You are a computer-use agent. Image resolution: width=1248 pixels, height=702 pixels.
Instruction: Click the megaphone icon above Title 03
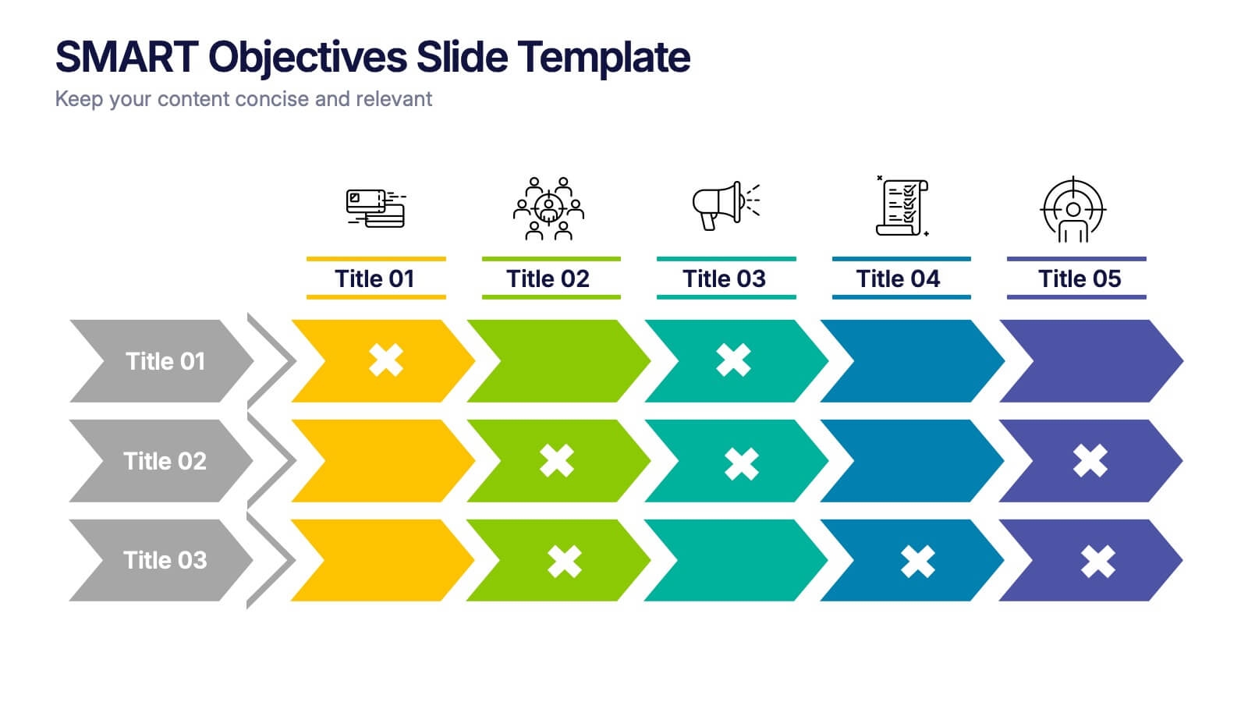[725, 206]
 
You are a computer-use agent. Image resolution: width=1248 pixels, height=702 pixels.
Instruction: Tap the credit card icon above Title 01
[375, 208]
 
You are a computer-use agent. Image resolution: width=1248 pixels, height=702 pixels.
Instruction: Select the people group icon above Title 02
[548, 208]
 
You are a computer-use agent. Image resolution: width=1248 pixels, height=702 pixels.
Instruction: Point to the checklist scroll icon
[902, 207]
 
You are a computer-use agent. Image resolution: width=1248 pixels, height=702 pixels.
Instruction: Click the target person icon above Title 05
[1073, 209]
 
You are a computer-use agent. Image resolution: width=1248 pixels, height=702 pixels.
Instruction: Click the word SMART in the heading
[126, 57]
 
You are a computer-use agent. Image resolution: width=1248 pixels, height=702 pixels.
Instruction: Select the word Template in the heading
[603, 57]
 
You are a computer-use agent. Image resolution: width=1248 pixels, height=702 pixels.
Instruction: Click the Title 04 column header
[898, 278]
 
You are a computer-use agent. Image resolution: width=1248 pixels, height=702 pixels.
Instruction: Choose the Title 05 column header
[1080, 278]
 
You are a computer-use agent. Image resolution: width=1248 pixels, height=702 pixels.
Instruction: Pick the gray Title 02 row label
[164, 461]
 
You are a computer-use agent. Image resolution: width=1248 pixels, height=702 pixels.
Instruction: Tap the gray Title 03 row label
[164, 560]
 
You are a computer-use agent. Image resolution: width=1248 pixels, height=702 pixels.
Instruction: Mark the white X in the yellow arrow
[386, 360]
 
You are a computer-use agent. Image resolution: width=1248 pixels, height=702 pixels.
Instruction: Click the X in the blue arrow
[917, 562]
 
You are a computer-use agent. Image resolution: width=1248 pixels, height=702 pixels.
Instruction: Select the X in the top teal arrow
[733, 360]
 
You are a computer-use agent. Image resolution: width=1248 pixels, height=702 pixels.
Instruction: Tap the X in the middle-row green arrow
[557, 461]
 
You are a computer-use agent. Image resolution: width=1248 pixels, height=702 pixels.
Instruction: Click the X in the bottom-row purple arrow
[1097, 562]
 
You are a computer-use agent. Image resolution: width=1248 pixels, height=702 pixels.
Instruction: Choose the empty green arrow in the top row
[558, 361]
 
